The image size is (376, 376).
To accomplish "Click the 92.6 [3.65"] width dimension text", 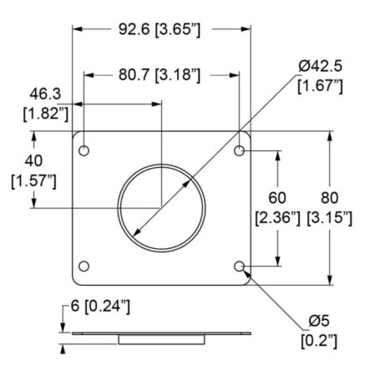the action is (160, 29).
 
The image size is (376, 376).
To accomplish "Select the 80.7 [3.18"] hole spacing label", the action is (160, 75).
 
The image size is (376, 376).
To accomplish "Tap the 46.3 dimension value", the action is (45, 94).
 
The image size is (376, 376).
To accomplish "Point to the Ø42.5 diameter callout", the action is (320, 66).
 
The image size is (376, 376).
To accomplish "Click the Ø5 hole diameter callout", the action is (319, 321).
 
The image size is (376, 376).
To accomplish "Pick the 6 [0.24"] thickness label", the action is (100, 307).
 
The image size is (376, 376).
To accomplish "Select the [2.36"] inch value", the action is (277, 217).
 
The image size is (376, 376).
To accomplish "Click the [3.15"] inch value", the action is (329, 217).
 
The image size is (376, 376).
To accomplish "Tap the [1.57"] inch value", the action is (33, 180).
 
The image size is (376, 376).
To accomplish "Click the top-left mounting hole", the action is (84, 150).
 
